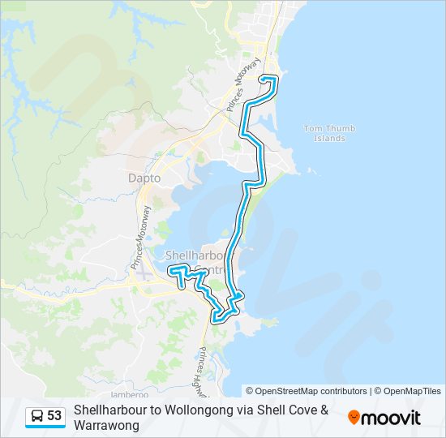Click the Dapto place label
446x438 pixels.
click(x=144, y=178)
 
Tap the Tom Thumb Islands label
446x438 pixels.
click(x=324, y=133)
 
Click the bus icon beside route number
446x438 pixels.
click(x=37, y=416)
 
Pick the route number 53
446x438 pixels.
click(x=54, y=416)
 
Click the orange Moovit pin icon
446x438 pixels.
click(x=354, y=418)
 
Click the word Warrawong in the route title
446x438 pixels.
click(x=106, y=425)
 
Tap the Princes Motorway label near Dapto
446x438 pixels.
click(x=139, y=238)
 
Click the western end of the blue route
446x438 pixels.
click(x=169, y=270)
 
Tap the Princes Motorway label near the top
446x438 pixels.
click(x=246, y=84)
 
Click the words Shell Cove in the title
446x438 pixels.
click(x=291, y=410)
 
